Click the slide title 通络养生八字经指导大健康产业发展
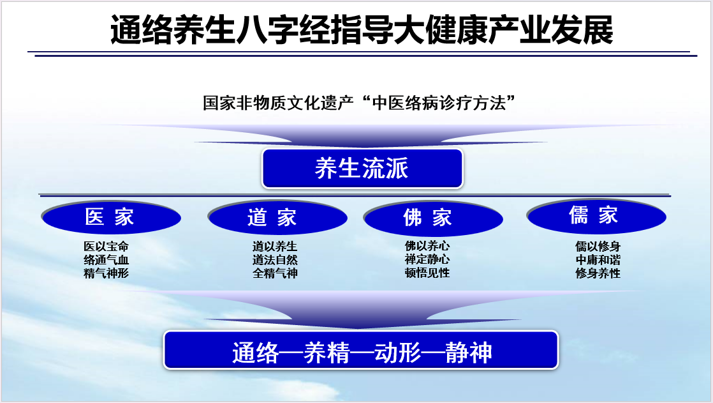[362, 30]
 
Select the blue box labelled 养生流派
[362, 169]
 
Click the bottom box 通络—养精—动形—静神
[361, 351]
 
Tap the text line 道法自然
[275, 260]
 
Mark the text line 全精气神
[275, 273]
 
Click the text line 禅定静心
[427, 260]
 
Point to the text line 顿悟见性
[427, 273]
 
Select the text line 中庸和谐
[598, 260]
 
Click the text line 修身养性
[598, 273]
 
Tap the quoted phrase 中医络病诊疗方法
[443, 103]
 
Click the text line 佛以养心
[427, 247]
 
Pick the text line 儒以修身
[598, 247]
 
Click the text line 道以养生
[275, 247]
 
